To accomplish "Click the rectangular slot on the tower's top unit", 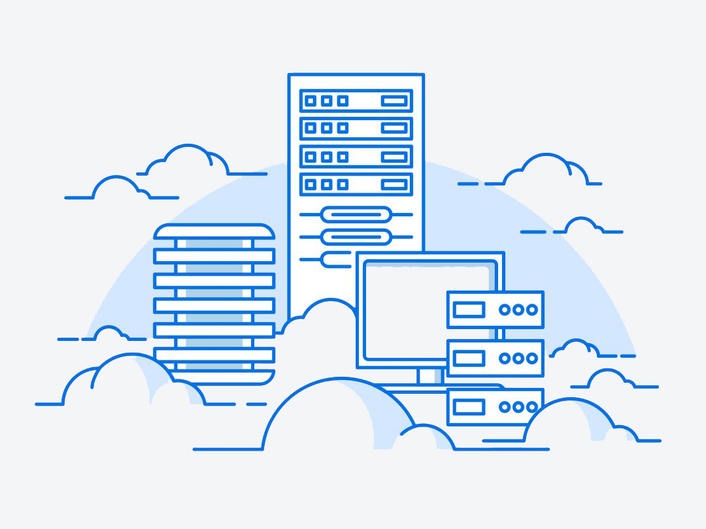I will click(x=394, y=101).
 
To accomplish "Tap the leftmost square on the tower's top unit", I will click(x=311, y=101).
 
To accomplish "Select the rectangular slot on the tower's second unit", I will click(x=394, y=129).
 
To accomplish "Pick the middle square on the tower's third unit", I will click(x=327, y=157).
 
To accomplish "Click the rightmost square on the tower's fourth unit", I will click(x=343, y=185).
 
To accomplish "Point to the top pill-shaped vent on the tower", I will click(x=356, y=214).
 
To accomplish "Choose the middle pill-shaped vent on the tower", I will click(x=356, y=236).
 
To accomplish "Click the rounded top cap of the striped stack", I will click(x=214, y=232).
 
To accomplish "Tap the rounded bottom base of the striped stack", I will click(x=214, y=377).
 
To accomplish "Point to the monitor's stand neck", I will click(x=429, y=375).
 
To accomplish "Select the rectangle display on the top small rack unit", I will click(x=469, y=310).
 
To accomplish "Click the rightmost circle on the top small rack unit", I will click(x=532, y=310).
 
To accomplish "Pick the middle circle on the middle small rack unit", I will click(x=518, y=358).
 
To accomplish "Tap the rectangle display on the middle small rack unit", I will click(x=469, y=358).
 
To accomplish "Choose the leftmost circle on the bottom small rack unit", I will click(x=505, y=407).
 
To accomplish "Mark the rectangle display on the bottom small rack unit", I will click(x=469, y=407).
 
